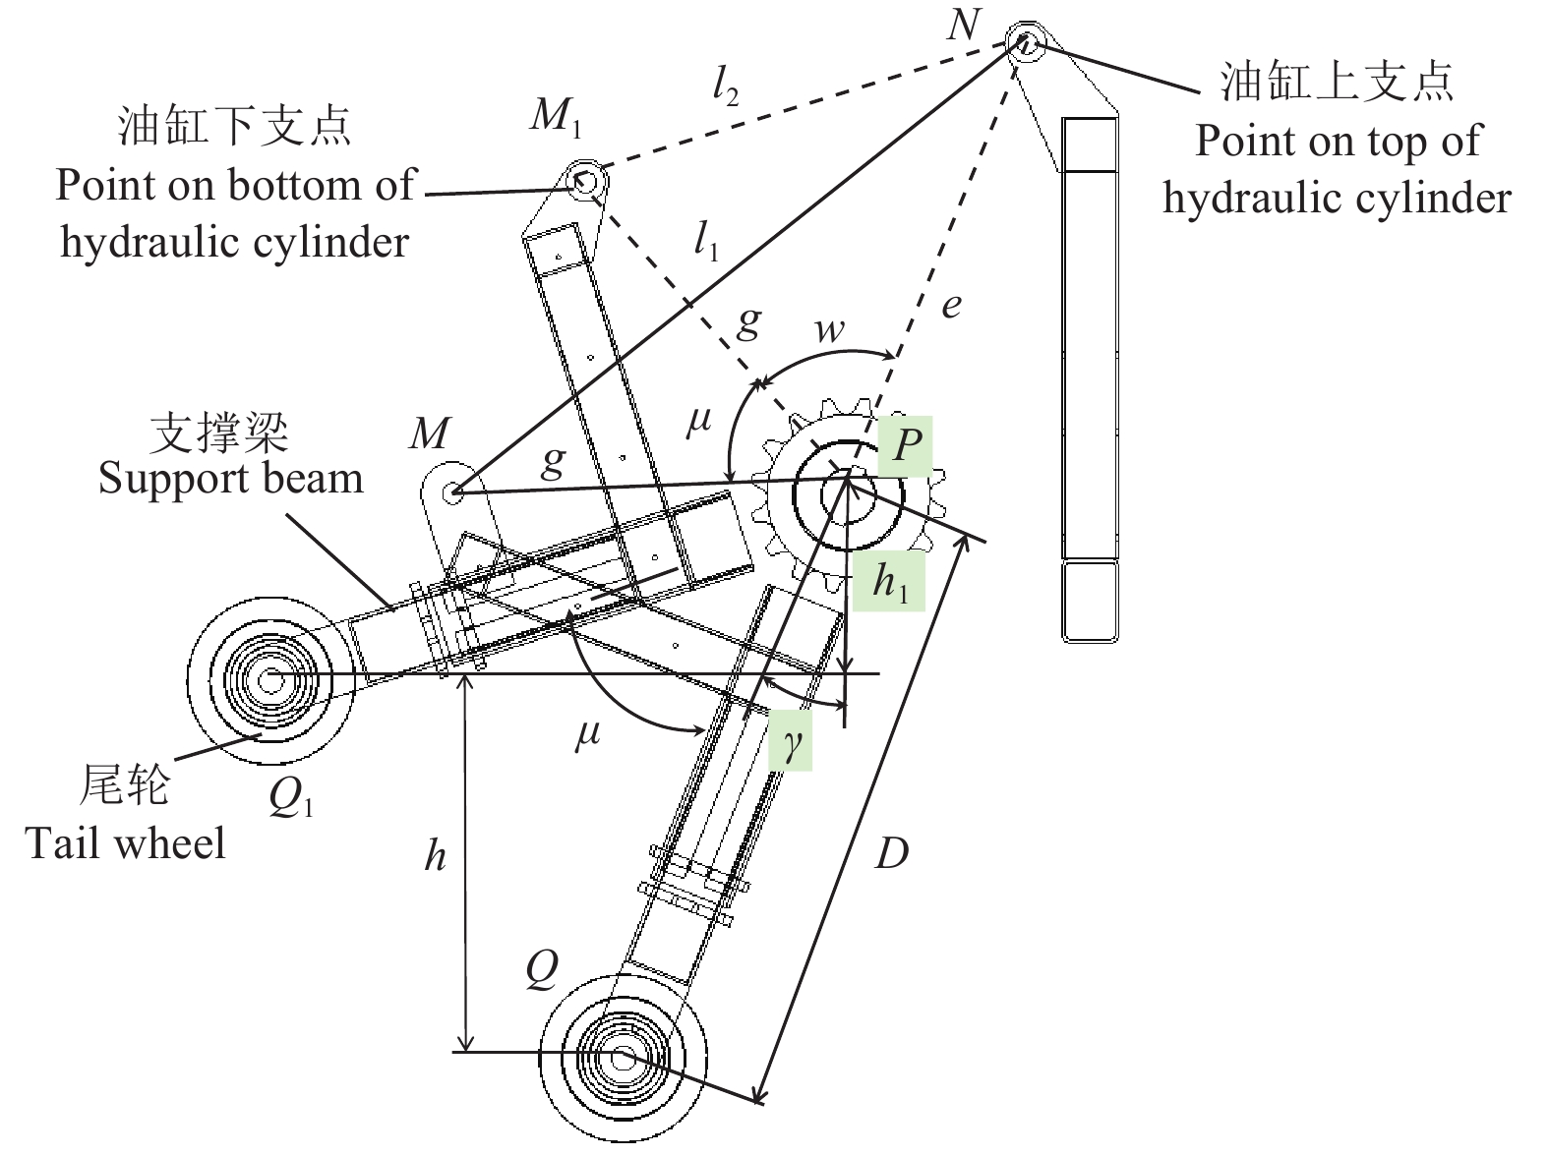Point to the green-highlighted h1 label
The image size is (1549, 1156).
click(x=889, y=582)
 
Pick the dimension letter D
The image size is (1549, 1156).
click(x=891, y=854)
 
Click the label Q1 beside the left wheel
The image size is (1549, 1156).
click(x=291, y=800)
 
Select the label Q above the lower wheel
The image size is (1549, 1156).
click(x=542, y=970)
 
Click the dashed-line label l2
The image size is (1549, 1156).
click(x=725, y=89)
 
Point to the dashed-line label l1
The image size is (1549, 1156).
click(x=706, y=240)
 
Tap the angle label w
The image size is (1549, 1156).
click(x=829, y=329)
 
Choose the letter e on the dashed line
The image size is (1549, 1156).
click(x=950, y=306)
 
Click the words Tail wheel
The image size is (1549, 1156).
click(x=125, y=843)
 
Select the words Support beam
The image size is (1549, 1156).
click(x=231, y=479)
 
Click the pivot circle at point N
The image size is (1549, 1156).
click(x=1024, y=41)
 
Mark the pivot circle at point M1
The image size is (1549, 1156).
click(x=583, y=181)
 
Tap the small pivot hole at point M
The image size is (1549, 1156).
click(x=452, y=491)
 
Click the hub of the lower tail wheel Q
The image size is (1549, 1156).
click(x=622, y=1058)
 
